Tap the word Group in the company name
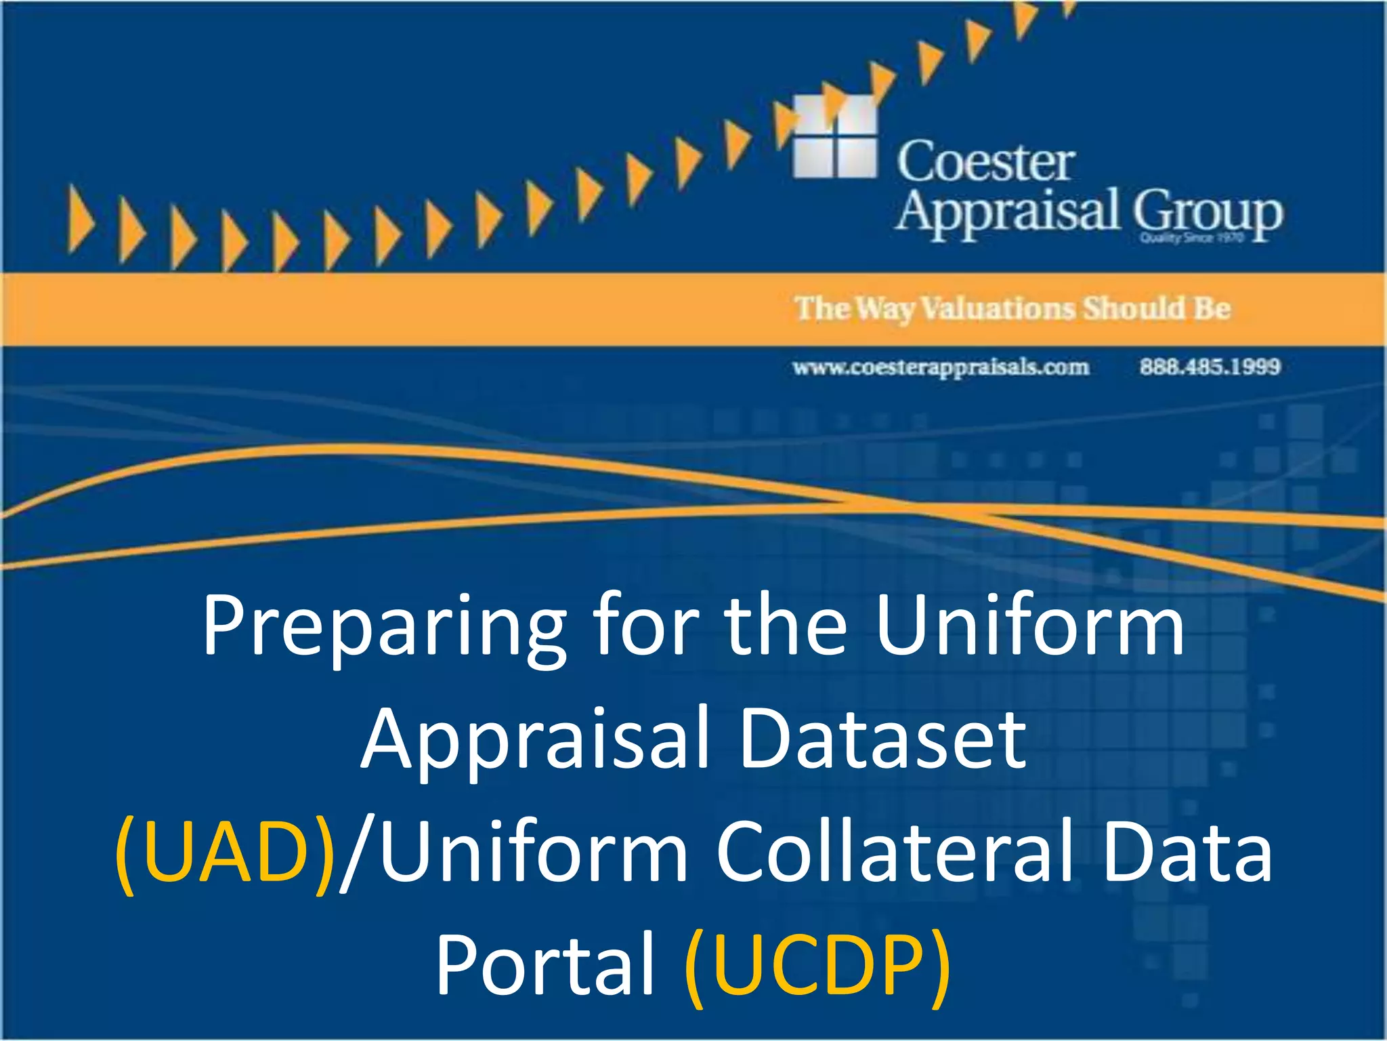pyautogui.click(x=1208, y=212)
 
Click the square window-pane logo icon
pyautogui.click(x=834, y=136)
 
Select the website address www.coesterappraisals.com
pyautogui.click(x=941, y=367)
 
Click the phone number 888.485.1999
pyautogui.click(x=1210, y=367)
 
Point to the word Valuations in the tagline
pyautogui.click(x=999, y=308)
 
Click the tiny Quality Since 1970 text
pyautogui.click(x=1191, y=238)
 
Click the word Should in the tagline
pyautogui.click(x=1134, y=308)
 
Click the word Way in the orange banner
pyautogui.click(x=884, y=309)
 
